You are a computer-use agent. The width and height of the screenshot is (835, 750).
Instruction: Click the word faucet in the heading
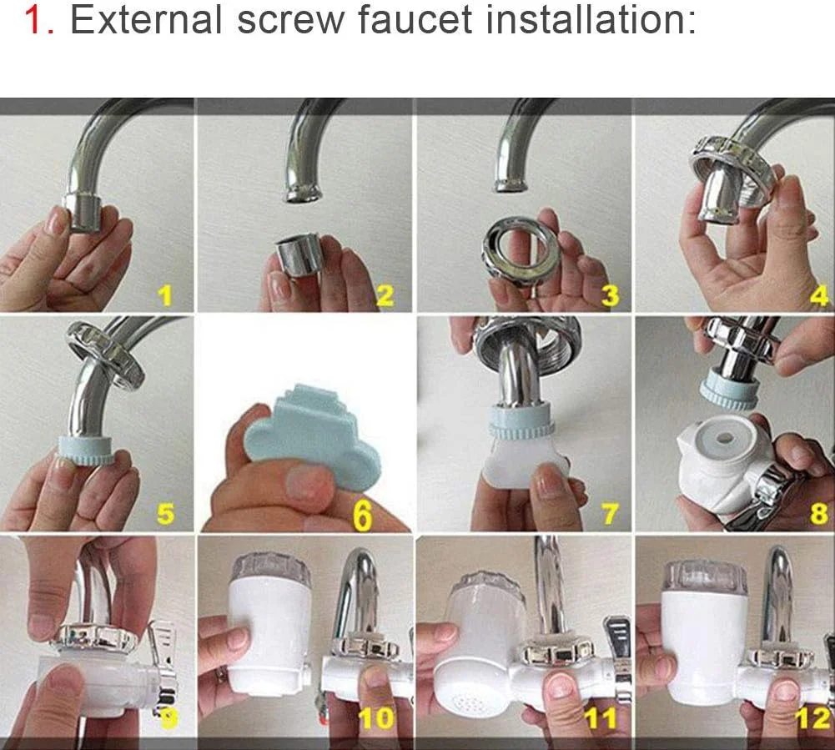[415, 20]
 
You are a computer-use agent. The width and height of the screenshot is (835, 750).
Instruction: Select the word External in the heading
[146, 19]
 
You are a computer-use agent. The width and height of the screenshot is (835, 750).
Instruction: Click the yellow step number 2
[385, 295]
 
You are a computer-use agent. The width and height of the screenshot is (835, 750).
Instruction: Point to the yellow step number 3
[610, 295]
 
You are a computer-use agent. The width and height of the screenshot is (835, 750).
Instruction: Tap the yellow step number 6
[363, 515]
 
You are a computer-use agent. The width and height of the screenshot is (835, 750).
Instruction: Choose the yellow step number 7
[611, 514]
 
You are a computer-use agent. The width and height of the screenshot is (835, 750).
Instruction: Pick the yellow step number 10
[376, 718]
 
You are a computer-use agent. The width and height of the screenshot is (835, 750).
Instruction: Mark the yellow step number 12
[813, 718]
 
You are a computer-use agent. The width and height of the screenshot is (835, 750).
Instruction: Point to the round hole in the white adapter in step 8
[724, 439]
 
